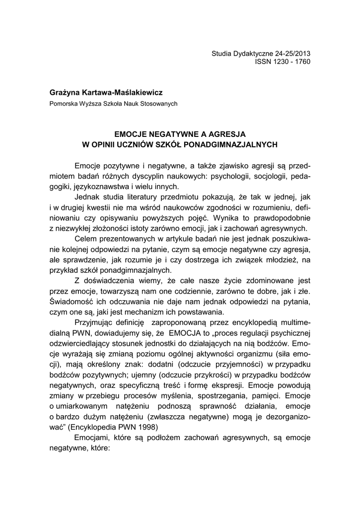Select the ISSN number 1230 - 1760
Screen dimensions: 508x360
(290, 63)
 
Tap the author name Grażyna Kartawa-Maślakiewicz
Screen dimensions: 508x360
(106, 92)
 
